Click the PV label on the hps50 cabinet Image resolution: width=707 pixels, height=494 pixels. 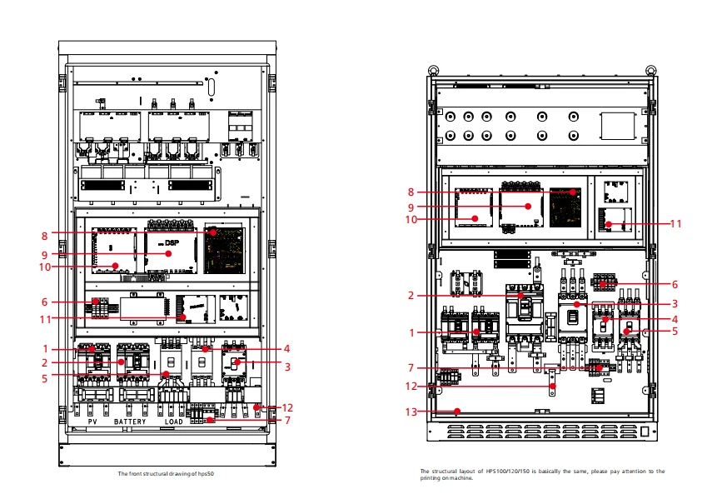(93, 422)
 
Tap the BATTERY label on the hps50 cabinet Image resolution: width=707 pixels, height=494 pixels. (130, 422)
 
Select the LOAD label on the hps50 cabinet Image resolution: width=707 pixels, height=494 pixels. (173, 422)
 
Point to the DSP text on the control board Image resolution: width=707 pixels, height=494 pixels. (172, 242)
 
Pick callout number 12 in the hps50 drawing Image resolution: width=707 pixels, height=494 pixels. (288, 407)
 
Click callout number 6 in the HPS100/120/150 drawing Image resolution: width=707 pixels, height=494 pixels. (676, 284)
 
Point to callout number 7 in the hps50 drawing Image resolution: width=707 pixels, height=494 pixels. (288, 420)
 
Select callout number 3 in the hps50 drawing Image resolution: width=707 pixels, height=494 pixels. (286, 366)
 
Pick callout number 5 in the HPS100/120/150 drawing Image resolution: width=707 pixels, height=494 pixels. (675, 331)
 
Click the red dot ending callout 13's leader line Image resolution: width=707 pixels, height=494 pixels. (457, 411)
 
